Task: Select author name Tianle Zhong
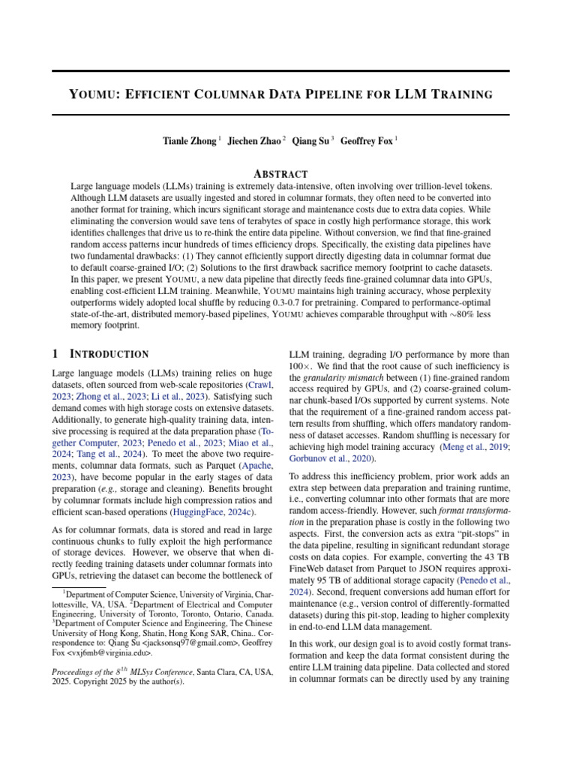click(x=190, y=140)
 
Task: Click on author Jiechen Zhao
click(x=253, y=140)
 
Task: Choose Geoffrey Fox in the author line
click(x=365, y=140)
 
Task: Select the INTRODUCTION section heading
click(x=109, y=354)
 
